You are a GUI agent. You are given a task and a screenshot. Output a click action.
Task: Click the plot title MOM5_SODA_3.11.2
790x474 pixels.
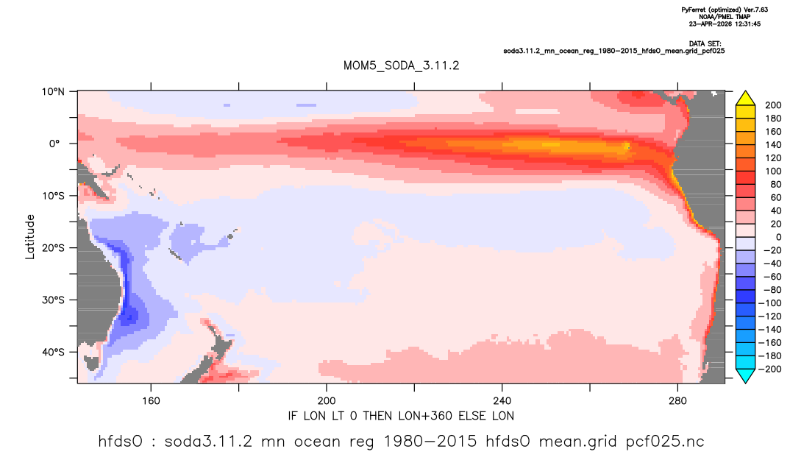coord(401,66)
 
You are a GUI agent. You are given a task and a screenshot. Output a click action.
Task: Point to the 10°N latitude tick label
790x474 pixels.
coord(53,92)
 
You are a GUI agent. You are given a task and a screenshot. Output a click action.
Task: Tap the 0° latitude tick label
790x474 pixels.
coord(54,144)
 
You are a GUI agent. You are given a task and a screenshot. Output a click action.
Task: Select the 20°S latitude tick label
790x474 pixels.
coord(53,247)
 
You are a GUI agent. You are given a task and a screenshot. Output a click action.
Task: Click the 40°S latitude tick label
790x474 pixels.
coord(53,352)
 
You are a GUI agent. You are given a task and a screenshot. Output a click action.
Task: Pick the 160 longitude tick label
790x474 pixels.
coord(151,401)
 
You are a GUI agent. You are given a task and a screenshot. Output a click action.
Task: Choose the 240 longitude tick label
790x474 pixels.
coord(502,401)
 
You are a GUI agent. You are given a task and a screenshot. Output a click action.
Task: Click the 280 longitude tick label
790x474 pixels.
coord(677,401)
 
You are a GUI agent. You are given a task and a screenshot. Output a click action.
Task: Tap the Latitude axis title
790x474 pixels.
coord(30,237)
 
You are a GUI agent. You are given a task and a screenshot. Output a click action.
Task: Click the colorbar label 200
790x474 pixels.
coord(773,105)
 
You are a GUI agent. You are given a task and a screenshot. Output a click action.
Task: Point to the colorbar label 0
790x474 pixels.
coord(779,237)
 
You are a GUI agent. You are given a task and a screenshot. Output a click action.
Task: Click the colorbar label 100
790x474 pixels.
coord(773,171)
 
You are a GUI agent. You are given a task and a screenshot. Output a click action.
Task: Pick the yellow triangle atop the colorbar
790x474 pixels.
coord(745,99)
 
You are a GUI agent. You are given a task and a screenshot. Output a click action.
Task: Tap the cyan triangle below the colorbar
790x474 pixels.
coord(745,375)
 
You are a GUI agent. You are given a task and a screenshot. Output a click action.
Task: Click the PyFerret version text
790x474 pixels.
coord(725,10)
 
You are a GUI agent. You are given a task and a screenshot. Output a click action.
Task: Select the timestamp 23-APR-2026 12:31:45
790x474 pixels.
coord(725,24)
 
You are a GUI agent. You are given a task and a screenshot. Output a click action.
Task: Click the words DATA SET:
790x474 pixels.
coord(705,44)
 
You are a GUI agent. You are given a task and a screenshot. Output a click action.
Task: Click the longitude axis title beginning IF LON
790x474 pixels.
coord(401,416)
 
